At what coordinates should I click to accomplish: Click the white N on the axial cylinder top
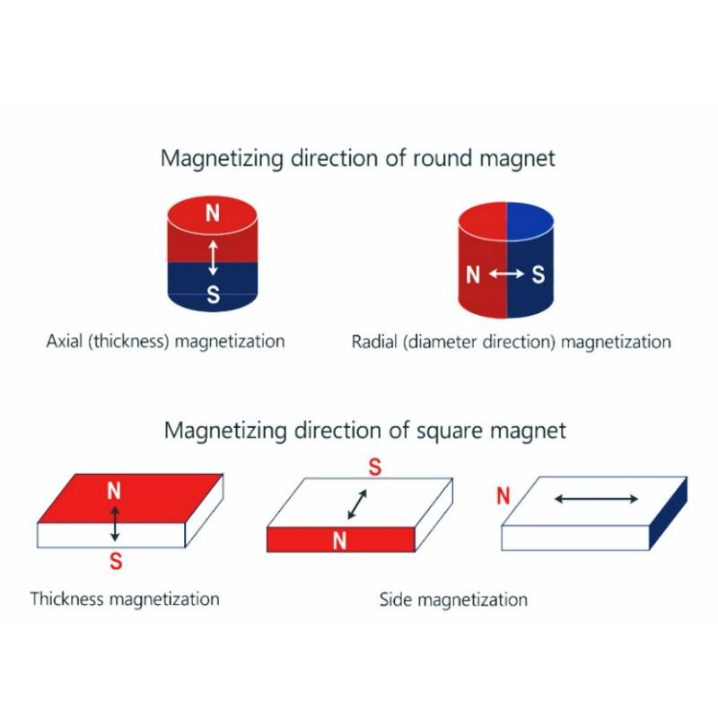pos(212,213)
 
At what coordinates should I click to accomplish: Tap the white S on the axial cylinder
pos(213,294)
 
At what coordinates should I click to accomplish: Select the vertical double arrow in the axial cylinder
pos(213,257)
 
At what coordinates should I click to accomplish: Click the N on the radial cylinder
pos(473,275)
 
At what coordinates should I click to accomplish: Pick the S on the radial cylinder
pos(538,275)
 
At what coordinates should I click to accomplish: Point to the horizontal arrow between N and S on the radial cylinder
pos(505,275)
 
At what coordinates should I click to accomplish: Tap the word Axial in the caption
pos(65,342)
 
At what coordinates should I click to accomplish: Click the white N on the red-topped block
pos(114,490)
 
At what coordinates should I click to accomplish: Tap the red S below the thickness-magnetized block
pos(115,562)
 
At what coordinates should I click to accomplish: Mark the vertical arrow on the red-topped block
pos(115,521)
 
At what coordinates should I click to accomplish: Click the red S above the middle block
pos(375,468)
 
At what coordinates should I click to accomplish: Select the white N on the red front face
pos(339,540)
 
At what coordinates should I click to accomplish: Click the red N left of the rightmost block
pos(503,495)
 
